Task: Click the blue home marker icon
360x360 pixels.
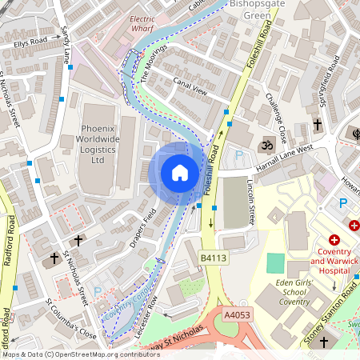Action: [180, 172]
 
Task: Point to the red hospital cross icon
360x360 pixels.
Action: [334, 239]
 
